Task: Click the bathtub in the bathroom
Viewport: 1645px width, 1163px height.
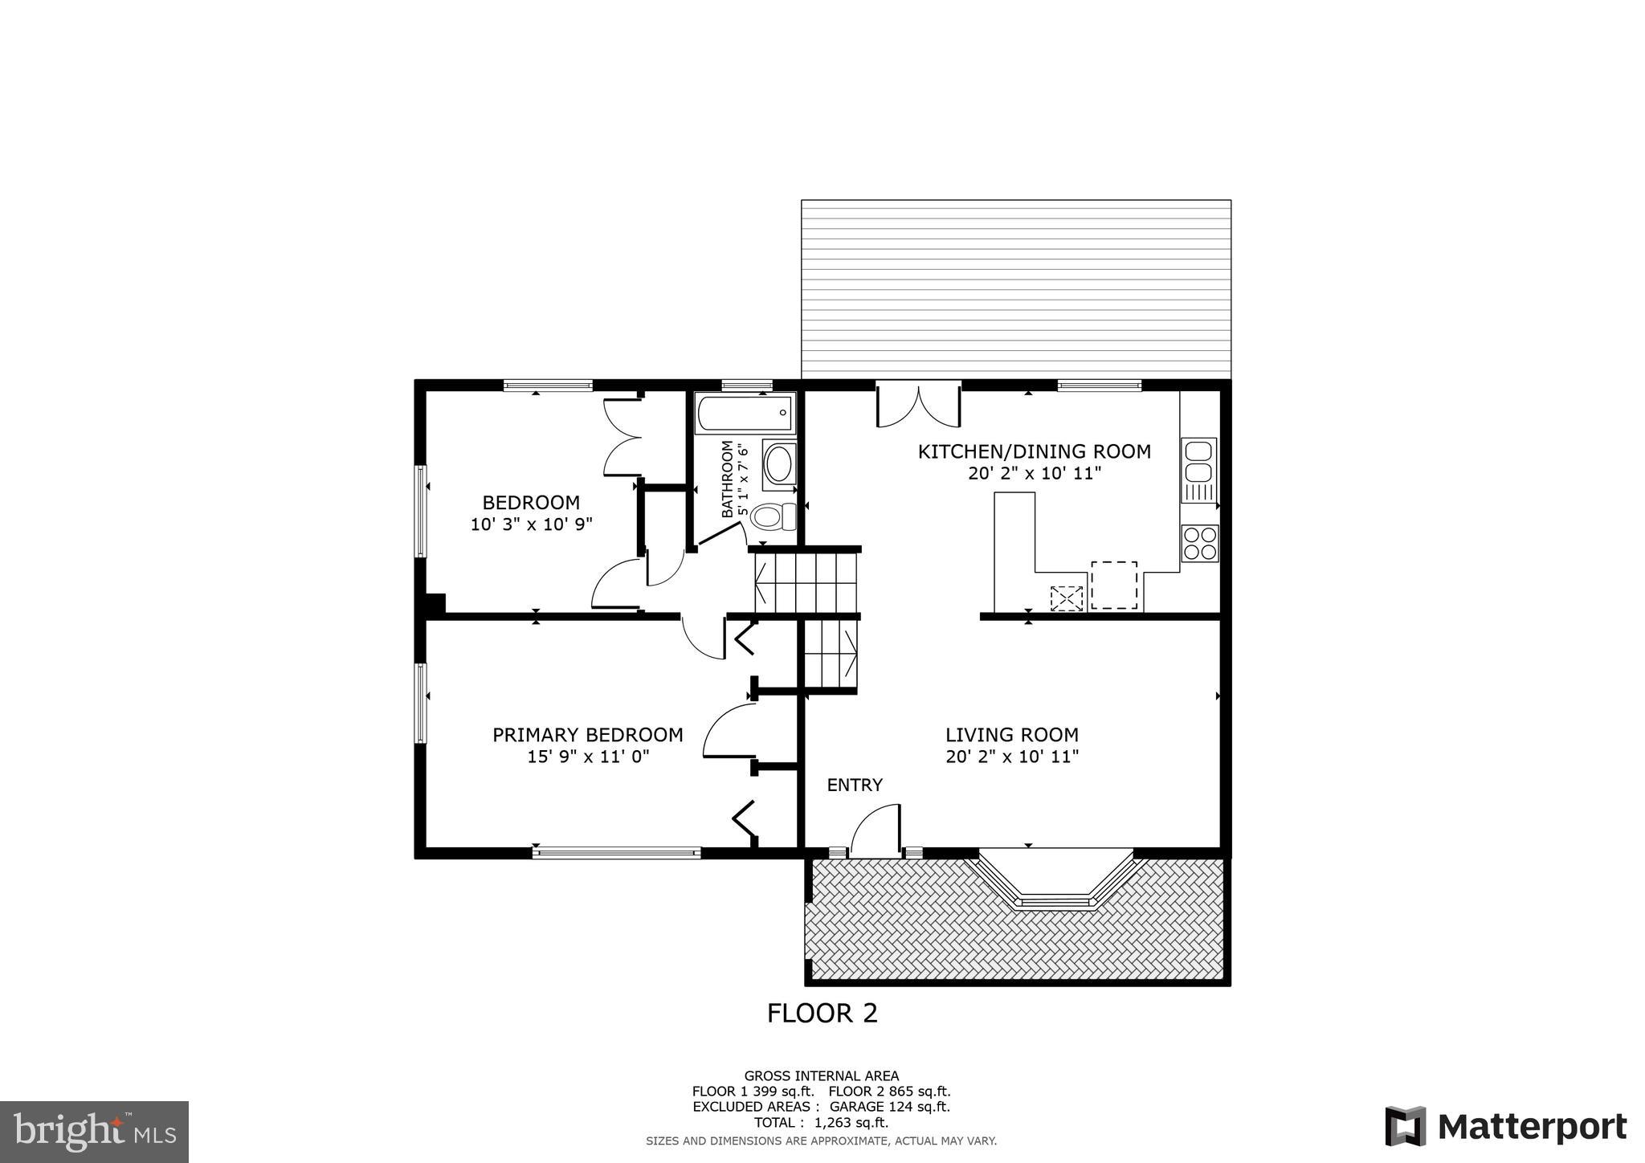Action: [x=745, y=413]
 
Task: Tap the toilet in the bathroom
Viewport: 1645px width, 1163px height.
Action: [x=773, y=516]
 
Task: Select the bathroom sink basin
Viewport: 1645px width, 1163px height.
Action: [x=778, y=463]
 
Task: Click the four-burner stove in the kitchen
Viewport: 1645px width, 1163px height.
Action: [x=1199, y=544]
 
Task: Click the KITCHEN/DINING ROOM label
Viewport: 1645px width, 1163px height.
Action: [x=1034, y=451]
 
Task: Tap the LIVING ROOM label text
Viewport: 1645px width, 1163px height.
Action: [x=1011, y=735]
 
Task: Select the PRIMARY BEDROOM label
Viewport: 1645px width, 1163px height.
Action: [x=587, y=735]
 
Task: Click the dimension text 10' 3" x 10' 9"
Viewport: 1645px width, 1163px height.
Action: [x=531, y=524]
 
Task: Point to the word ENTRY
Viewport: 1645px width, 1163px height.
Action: [x=855, y=785]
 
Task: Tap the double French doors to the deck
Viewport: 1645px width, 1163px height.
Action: [x=918, y=404]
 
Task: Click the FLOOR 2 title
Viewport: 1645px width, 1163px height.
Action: [x=822, y=1014]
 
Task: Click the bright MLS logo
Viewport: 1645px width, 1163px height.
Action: [x=94, y=1132]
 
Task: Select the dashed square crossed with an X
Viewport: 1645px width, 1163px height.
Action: [x=1067, y=598]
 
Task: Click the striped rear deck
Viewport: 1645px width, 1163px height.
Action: [x=1015, y=289]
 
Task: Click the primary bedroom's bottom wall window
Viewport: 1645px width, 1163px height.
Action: [x=616, y=853]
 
